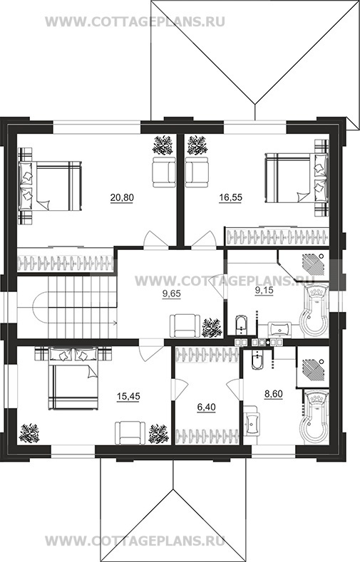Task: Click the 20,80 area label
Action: pyautogui.click(x=122, y=197)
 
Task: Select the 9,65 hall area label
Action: pyautogui.click(x=171, y=294)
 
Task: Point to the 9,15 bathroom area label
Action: pyautogui.click(x=264, y=291)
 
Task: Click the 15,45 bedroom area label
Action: pyautogui.click(x=128, y=396)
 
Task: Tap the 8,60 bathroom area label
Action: pyautogui.click(x=274, y=395)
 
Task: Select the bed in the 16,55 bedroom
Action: pyautogui.click(x=297, y=178)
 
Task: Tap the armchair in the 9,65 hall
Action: pyautogui.click(x=185, y=326)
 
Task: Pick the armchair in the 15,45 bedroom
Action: pyautogui.click(x=130, y=433)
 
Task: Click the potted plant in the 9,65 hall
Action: pyautogui.click(x=212, y=328)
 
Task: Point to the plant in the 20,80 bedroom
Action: pyautogui.click(x=163, y=145)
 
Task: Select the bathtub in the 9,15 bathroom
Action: pyautogui.click(x=316, y=310)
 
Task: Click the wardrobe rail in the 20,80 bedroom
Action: pyautogui.click(x=66, y=263)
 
